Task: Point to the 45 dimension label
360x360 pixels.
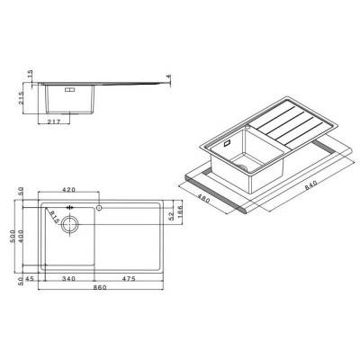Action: tap(31, 279)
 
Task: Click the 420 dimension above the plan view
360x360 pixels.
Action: tap(67, 191)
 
